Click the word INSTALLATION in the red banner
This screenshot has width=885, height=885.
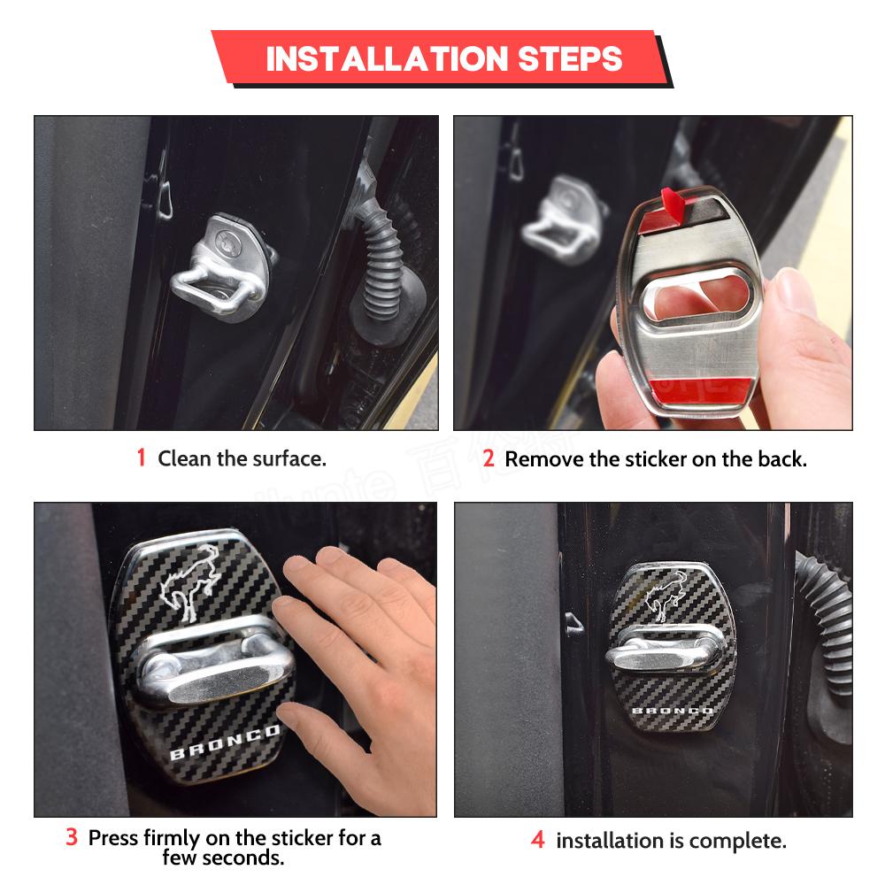point(388,58)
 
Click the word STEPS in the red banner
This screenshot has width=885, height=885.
point(570,58)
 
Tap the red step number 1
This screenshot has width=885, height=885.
point(141,458)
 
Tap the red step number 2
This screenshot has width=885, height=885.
point(489,458)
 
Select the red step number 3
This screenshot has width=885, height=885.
point(71,837)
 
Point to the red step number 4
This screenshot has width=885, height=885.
point(538,839)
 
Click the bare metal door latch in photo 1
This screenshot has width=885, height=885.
point(225,266)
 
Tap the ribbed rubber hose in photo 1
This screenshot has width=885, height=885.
point(385,265)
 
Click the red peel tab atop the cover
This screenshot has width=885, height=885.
point(674,204)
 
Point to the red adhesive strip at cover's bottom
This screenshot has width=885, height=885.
point(700,390)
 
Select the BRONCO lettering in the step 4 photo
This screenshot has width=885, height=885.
point(673,710)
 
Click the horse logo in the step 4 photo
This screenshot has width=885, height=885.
point(666,596)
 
